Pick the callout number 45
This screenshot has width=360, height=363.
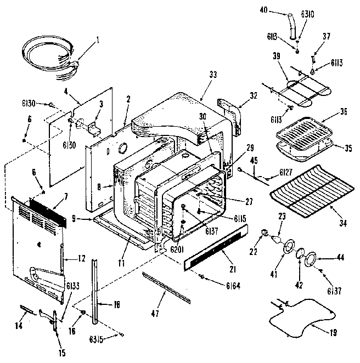(x=254, y=161)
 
